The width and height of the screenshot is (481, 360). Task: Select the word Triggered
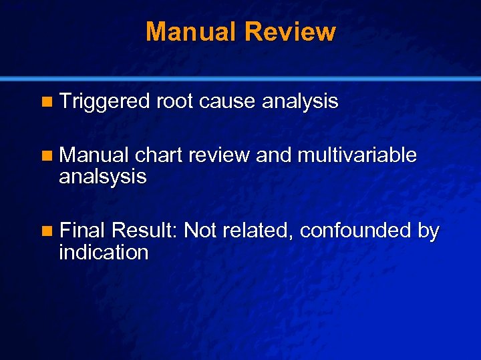pos(104,102)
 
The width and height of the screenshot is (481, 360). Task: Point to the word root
pos(174,102)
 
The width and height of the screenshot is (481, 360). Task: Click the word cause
pos(228,102)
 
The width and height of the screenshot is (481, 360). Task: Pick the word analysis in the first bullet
pos(300,102)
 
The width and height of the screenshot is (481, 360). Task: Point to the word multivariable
pos(357,155)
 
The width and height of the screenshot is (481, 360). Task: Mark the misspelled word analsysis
pos(102,177)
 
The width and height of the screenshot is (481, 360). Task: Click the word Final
pos(83,231)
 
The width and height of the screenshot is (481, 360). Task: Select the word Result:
pos(144,231)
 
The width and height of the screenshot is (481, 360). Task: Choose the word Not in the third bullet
pos(199,231)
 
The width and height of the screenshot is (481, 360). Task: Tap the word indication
pos(104,253)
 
